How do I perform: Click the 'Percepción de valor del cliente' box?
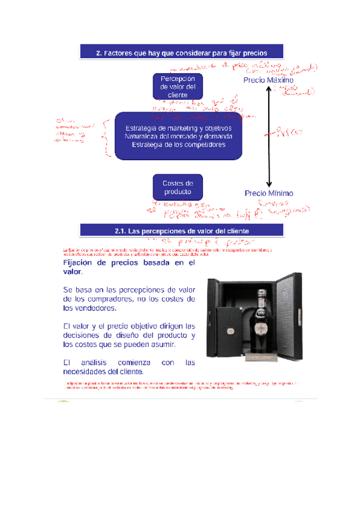(178, 86)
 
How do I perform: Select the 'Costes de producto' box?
(178, 187)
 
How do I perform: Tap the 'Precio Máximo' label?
(268, 80)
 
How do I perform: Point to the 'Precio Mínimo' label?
(269, 193)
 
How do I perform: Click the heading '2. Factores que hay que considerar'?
(182, 52)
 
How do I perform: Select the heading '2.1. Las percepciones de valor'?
(182, 230)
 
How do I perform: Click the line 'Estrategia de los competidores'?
(179, 145)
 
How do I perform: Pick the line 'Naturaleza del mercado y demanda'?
(179, 136)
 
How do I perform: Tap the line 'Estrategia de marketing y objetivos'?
(179, 128)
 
